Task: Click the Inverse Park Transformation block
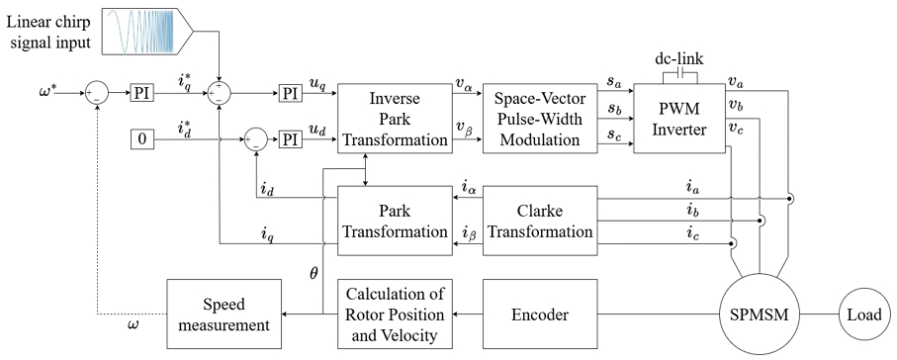(x=395, y=119)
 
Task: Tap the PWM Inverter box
(x=677, y=119)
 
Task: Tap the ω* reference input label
(x=49, y=91)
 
